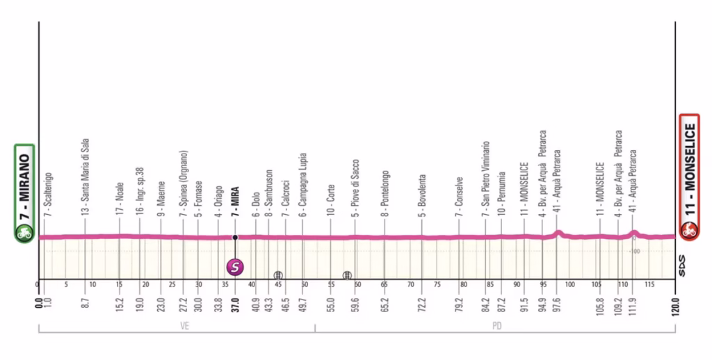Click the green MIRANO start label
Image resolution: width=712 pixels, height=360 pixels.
click(x=24, y=184)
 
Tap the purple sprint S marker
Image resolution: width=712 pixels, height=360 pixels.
click(x=235, y=265)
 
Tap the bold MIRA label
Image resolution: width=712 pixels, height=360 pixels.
click(x=235, y=202)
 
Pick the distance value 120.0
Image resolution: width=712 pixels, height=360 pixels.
click(x=675, y=305)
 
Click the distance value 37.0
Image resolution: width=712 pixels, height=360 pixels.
click(x=235, y=305)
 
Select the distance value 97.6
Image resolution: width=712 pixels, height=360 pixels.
click(x=558, y=305)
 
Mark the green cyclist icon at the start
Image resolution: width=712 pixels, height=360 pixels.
click(x=24, y=234)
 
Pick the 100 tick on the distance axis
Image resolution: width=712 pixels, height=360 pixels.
click(x=569, y=285)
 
